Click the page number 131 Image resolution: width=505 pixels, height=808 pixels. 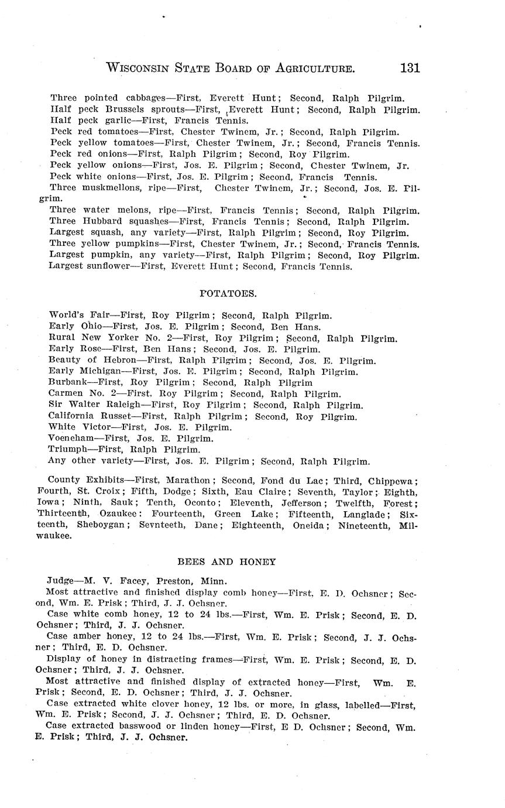pos(410,68)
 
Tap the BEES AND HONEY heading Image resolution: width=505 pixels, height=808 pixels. pos(226,562)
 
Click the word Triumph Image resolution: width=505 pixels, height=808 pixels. pos(67,450)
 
